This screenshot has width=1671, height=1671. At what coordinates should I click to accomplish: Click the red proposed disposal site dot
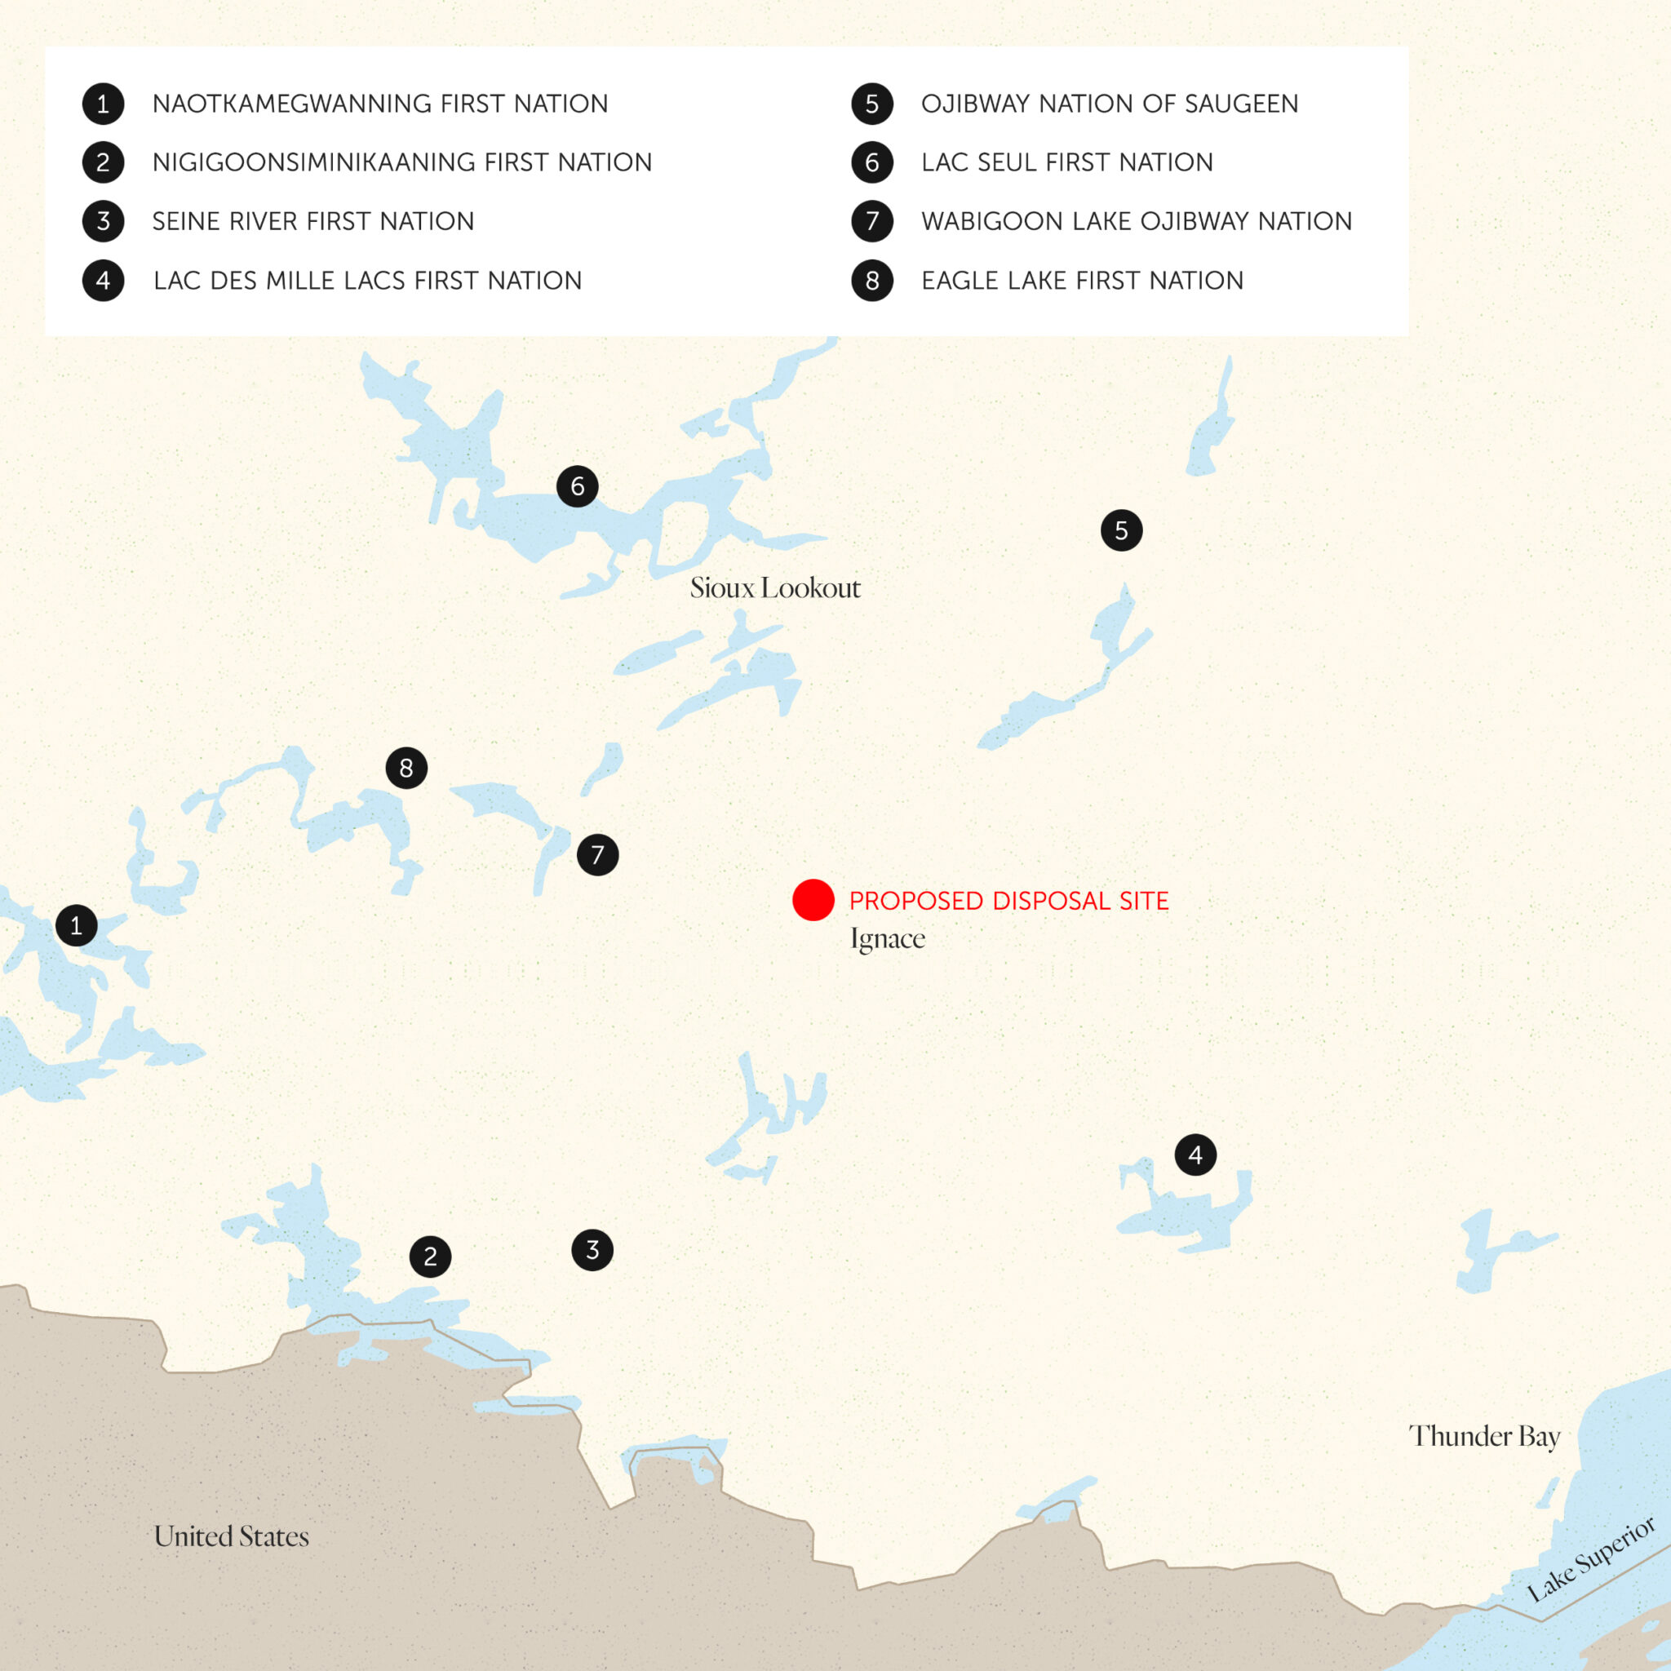click(813, 901)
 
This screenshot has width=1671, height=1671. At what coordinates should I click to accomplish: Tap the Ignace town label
click(888, 939)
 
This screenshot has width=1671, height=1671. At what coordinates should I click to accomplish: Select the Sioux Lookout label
click(775, 588)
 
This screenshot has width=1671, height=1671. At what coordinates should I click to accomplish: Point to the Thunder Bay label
click(1484, 1437)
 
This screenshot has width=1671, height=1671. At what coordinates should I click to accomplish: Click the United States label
click(231, 1537)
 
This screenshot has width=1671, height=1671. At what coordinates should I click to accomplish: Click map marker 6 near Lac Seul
click(578, 486)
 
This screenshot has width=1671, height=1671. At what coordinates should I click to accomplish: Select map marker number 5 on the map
click(1122, 530)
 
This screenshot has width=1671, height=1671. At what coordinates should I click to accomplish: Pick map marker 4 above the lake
click(1195, 1155)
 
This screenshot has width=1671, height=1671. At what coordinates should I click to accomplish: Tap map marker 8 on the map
click(406, 768)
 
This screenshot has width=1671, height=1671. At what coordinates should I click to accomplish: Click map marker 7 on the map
click(597, 855)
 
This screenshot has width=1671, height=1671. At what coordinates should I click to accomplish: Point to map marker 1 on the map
click(76, 925)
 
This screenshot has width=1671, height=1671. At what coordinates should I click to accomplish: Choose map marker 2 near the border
click(431, 1257)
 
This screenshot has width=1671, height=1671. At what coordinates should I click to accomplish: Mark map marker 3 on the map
click(592, 1250)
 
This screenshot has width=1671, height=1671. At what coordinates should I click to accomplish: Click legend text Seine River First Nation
click(313, 221)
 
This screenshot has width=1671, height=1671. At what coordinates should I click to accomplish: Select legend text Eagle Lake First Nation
click(1082, 280)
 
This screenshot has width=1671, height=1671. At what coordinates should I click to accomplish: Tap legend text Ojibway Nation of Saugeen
click(1110, 104)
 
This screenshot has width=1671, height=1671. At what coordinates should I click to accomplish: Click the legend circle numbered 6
click(872, 162)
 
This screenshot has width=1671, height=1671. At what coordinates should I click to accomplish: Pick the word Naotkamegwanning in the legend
click(292, 104)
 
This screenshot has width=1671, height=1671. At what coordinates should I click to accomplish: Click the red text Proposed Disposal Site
click(1008, 902)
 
